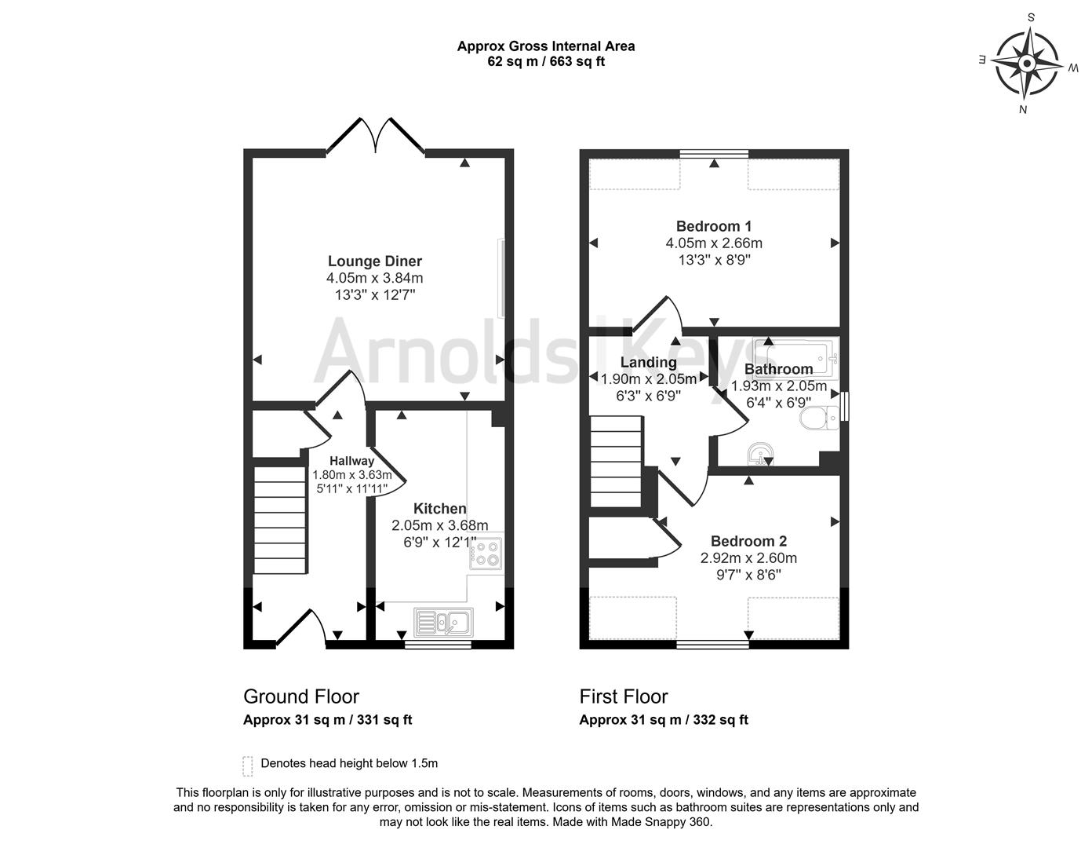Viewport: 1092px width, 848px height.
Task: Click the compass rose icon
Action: (1027, 63)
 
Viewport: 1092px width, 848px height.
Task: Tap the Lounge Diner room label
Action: (374, 261)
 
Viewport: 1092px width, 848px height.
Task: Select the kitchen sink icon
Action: (443, 623)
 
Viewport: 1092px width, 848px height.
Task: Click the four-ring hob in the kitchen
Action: (486, 553)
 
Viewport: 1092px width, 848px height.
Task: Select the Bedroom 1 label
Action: (713, 226)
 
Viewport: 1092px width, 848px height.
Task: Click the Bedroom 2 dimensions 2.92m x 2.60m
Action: (748, 558)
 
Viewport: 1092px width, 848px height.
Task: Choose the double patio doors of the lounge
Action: (376, 135)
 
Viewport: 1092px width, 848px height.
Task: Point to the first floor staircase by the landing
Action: (616, 463)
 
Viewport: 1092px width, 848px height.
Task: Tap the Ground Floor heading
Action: (301, 696)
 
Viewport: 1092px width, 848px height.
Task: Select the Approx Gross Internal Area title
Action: (546, 46)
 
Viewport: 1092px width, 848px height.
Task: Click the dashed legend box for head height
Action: (248, 766)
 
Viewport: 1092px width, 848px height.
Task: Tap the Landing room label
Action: (648, 362)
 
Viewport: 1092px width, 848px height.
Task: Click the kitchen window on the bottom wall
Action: (438, 645)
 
